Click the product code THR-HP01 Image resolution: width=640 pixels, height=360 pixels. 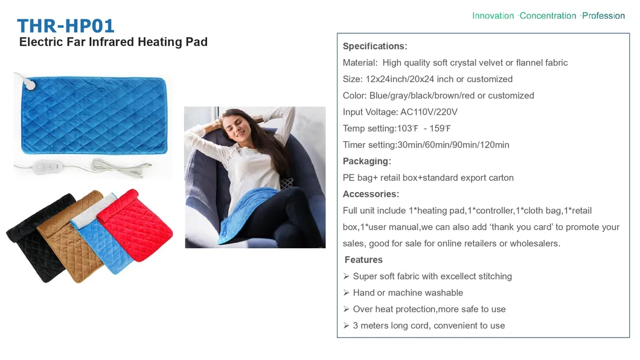coord(66,26)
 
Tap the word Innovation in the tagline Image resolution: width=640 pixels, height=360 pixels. coord(493,16)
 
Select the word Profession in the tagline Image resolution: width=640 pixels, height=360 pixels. coord(603,16)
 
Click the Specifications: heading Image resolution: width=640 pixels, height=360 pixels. coord(375,47)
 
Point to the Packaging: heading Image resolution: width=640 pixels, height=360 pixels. coord(367,161)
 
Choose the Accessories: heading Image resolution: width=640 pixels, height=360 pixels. coord(371,194)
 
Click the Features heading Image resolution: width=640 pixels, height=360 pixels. coord(363,260)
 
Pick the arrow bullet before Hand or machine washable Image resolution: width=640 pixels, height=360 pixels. coord(347,293)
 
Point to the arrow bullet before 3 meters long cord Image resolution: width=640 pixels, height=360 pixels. coord(347,326)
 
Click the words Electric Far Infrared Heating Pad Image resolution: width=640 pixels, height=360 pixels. coord(114,42)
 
